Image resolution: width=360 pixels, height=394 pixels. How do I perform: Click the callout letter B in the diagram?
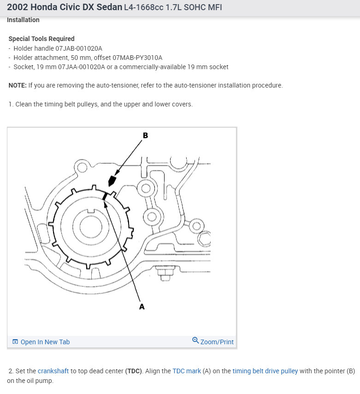point(146,135)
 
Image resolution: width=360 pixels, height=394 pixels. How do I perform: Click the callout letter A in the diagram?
point(142,306)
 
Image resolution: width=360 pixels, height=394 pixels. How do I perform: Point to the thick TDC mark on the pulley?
point(105,195)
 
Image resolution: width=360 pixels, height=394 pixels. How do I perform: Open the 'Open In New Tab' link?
point(41,342)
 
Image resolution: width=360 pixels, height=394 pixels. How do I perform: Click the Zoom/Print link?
point(213,342)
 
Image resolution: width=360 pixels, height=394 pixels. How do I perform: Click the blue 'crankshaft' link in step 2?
point(53,371)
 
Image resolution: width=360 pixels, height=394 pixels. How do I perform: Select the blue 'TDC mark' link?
point(185,371)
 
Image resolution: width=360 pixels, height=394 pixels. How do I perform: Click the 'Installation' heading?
point(23,20)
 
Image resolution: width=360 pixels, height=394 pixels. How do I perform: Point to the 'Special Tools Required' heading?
point(41,39)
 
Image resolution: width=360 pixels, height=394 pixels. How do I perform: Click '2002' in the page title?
point(18,7)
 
